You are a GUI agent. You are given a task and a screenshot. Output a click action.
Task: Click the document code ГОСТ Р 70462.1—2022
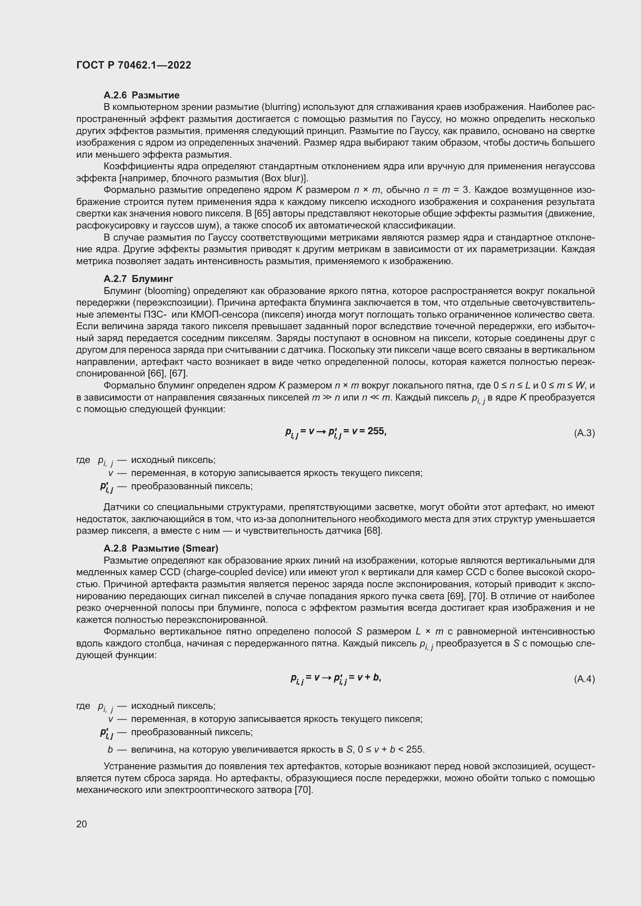click(x=133, y=65)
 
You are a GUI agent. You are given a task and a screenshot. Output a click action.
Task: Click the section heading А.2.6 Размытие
click(x=141, y=95)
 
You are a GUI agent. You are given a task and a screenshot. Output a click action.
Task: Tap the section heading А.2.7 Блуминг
click(x=138, y=279)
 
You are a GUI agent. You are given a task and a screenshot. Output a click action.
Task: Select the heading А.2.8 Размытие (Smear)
click(x=161, y=548)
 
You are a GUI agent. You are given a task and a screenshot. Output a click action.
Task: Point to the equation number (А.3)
click(x=584, y=433)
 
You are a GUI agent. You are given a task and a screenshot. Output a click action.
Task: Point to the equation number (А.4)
click(x=584, y=679)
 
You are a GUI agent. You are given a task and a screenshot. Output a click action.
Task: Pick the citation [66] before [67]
click(x=157, y=373)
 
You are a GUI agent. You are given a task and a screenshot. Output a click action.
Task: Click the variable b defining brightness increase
click(x=110, y=750)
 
